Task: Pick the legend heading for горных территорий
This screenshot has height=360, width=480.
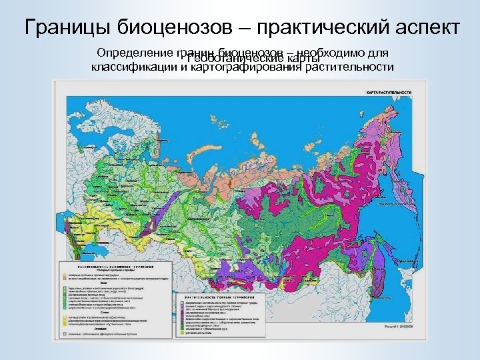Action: click(213, 293)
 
